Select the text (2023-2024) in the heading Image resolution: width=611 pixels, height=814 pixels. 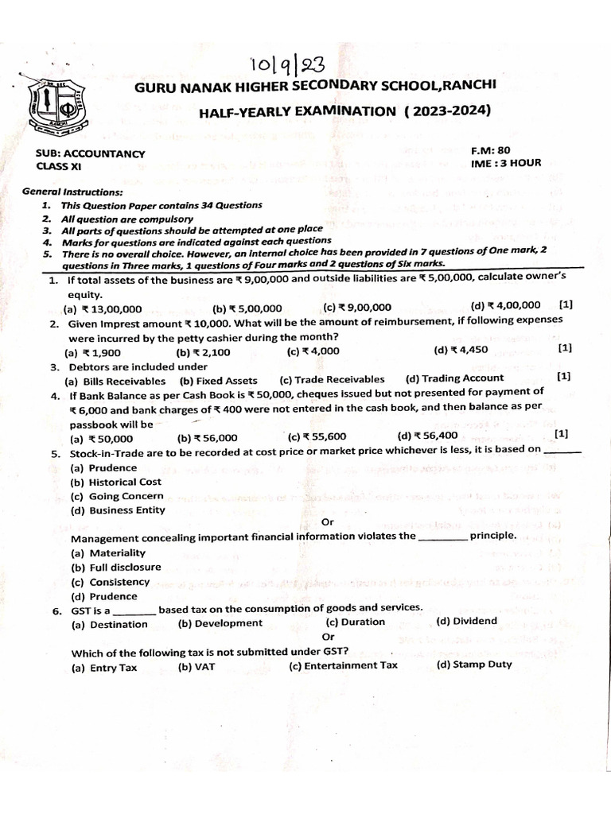447,110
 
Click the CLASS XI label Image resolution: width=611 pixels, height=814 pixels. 59,166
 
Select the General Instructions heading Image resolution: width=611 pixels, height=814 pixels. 72,192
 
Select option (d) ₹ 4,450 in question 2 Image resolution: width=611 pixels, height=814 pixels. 461,349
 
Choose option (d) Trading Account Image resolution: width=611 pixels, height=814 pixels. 454,378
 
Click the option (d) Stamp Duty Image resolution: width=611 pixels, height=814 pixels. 474,665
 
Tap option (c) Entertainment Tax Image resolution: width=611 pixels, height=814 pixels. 343,666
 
